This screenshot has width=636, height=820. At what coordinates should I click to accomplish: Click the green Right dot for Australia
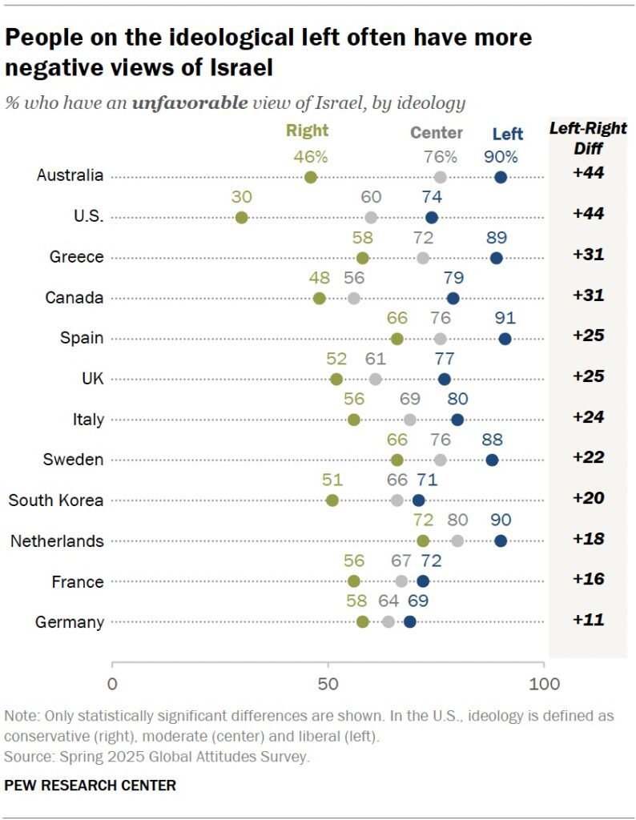point(311,177)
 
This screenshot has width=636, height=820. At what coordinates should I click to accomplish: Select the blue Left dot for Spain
point(505,339)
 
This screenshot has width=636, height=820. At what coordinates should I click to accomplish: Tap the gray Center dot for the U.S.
point(371,217)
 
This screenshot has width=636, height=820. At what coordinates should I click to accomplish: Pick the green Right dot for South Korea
point(332,500)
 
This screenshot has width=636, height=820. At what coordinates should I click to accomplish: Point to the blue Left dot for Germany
point(410,621)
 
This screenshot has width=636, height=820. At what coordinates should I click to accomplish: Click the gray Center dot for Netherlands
point(457,541)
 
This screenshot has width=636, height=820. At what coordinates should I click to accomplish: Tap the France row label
point(78,581)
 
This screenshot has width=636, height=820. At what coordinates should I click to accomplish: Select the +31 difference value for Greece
point(587,256)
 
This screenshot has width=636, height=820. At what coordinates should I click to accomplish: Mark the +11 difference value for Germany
point(587,621)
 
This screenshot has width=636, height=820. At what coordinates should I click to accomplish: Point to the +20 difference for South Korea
point(587,499)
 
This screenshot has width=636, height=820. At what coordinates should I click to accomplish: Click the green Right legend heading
point(307,131)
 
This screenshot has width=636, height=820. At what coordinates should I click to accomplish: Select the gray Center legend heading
point(437,133)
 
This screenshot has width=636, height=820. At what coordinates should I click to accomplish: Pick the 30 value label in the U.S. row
point(241,197)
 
